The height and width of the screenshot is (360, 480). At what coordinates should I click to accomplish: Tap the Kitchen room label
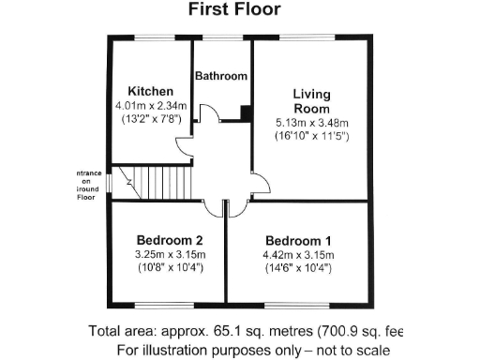(x=151, y=91)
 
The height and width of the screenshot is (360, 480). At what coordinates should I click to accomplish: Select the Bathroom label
(x=221, y=76)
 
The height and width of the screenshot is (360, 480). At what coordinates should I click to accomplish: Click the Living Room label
(x=311, y=101)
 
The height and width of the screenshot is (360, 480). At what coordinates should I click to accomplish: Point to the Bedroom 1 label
(x=297, y=239)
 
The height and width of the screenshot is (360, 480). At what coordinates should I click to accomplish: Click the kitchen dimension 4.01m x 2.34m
(x=151, y=106)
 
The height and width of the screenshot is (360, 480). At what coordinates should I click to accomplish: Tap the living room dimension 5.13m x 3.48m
(x=311, y=123)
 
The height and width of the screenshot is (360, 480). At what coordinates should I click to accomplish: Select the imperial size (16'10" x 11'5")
(x=311, y=137)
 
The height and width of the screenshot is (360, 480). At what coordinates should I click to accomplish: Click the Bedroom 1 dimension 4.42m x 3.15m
(x=297, y=254)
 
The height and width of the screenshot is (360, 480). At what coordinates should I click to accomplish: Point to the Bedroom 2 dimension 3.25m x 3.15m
(x=170, y=254)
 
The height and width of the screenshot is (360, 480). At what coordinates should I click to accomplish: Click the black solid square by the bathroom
(x=246, y=114)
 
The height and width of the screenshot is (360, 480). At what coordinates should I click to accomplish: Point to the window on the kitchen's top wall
(x=150, y=38)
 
